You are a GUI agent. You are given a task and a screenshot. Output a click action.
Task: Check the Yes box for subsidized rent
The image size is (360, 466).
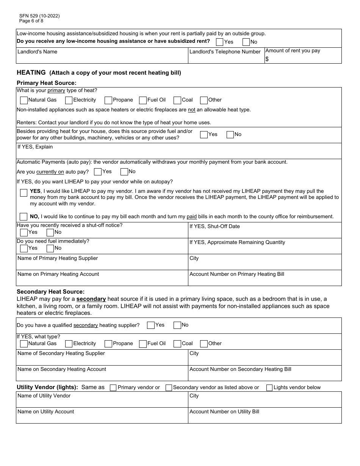[219, 42]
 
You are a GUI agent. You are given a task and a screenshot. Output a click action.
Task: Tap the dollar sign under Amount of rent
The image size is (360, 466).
[267, 59]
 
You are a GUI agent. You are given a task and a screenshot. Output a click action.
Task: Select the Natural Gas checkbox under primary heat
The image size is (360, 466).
[23, 100]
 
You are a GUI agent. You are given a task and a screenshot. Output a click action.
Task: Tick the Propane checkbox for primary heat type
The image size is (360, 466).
[108, 100]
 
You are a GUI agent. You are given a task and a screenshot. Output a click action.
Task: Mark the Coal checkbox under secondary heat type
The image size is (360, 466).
[177, 344]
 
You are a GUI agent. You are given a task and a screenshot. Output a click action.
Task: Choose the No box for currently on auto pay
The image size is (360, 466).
[124, 172]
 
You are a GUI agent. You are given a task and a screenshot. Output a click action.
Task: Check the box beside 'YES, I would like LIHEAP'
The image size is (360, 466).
[23, 193]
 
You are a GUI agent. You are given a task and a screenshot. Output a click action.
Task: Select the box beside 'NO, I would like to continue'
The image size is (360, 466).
[23, 217]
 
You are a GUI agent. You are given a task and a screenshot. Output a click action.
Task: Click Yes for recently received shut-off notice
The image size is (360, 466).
[23, 233]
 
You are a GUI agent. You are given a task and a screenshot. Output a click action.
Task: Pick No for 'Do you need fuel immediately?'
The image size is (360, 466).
[50, 249]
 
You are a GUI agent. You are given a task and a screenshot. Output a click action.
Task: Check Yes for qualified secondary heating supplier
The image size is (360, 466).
[150, 325]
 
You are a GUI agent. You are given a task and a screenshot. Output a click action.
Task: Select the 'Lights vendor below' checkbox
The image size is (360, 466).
[269, 388]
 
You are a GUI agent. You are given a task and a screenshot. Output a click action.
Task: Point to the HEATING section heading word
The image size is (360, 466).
[31, 72]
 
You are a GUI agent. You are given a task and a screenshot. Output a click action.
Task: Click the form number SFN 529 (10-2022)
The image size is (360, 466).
[39, 16]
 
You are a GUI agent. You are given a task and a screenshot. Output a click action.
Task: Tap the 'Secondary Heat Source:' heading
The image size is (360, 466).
[50, 292]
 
